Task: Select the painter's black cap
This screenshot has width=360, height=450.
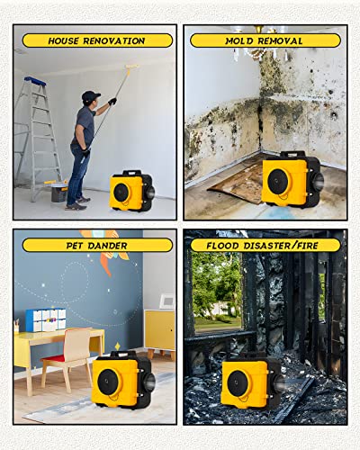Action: [x=89, y=95]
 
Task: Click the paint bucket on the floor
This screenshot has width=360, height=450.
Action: [x=58, y=191]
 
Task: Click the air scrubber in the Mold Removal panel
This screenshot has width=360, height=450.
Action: [x=291, y=179]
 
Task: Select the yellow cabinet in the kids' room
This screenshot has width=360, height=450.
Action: [x=159, y=328]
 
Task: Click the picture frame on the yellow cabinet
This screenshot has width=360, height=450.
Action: [x=166, y=301]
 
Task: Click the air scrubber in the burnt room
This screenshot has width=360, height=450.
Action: [x=253, y=382]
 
